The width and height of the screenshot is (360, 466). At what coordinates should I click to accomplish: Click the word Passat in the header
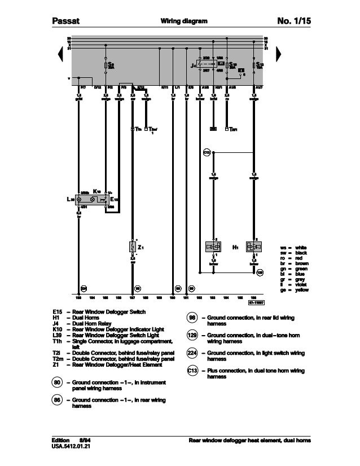pyautogui.click(x=62, y=21)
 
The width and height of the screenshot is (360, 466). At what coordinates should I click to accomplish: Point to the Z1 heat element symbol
pyautogui.click(x=133, y=247)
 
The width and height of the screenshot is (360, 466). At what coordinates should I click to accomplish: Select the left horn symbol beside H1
pyautogui.click(x=213, y=247)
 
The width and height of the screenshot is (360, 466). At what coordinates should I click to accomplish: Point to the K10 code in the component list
pyautogui.click(x=56, y=328)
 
